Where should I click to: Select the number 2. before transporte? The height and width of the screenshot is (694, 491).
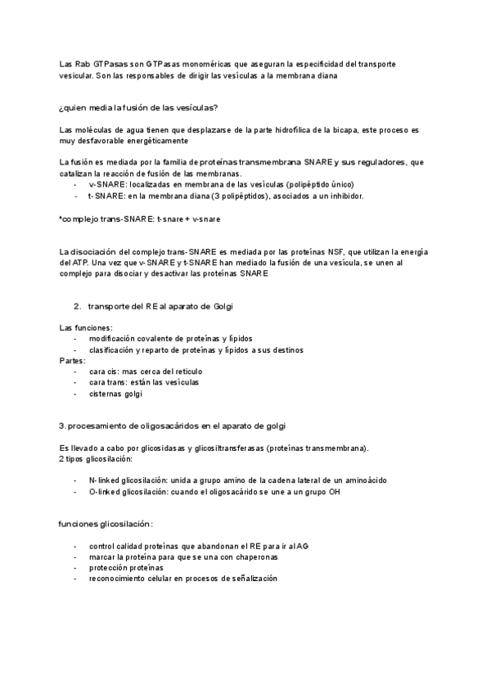(x=77, y=305)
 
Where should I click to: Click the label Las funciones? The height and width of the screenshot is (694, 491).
(x=86, y=327)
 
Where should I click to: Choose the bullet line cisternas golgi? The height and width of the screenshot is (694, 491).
(x=115, y=394)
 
